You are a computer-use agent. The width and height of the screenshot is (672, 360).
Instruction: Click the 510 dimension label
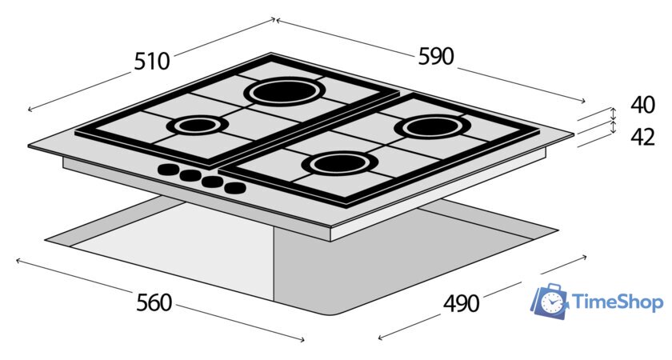click(x=152, y=61)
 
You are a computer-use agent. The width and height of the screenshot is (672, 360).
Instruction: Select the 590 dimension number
click(x=435, y=56)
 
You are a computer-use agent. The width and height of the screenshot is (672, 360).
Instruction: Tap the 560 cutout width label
click(x=154, y=302)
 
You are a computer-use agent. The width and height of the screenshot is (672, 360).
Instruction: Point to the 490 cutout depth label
click(x=461, y=303)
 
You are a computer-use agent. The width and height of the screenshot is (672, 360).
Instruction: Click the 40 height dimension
click(x=643, y=105)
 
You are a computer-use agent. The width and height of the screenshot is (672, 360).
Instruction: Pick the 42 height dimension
click(x=643, y=137)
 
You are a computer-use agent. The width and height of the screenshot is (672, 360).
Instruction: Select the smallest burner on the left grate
click(x=198, y=125)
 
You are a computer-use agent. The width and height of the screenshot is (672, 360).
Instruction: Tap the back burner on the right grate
click(x=433, y=127)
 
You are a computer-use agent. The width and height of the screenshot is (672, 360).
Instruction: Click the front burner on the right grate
click(x=340, y=164)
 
